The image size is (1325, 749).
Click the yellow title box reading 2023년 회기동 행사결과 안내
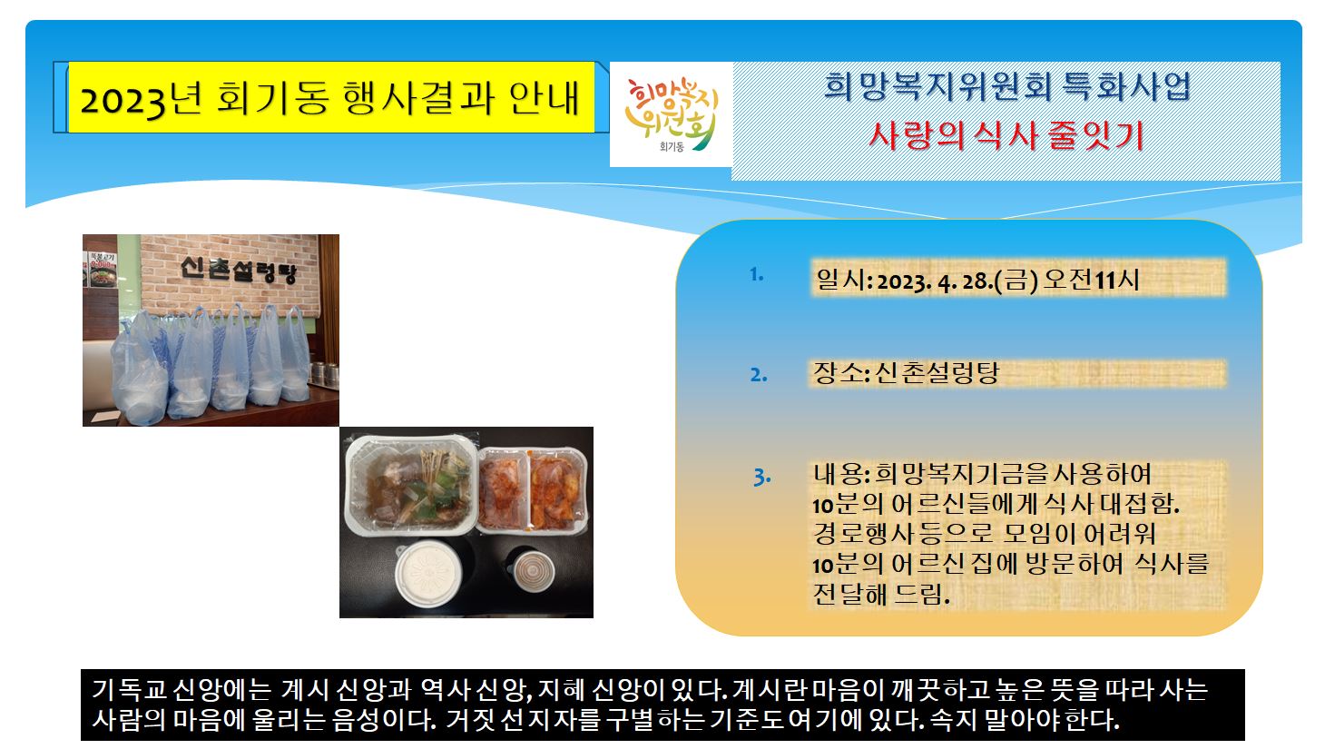coord(331,97)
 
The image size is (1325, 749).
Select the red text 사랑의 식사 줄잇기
coord(1006,135)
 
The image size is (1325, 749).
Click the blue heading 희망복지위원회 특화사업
coord(1006,86)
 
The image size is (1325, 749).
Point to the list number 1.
coord(757,274)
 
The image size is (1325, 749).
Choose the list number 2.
coord(759,374)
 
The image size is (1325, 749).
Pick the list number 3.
coord(762,477)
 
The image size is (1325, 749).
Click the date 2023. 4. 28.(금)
coord(957,280)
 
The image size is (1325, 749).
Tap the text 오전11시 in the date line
coord(1091,280)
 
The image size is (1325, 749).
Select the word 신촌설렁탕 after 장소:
coord(936,373)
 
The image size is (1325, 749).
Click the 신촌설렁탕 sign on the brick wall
coord(238,270)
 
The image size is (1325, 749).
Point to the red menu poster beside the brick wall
coord(103,270)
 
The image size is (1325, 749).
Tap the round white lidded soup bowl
coord(429,573)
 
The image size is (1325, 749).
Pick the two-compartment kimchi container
coord(533,490)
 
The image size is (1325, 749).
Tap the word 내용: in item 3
coord(841,473)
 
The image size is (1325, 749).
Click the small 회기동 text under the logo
coord(672,146)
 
